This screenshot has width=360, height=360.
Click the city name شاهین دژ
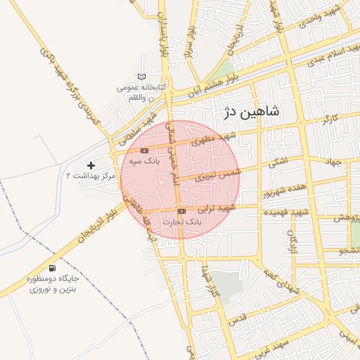coord(251,111)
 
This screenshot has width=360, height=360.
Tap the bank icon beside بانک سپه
coord(144,150)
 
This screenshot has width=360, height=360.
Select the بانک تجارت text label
coord(182,221)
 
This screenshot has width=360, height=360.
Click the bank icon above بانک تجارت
coord(182,211)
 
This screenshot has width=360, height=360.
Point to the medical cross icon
coord(90,165)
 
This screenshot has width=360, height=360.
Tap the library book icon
coord(143,77)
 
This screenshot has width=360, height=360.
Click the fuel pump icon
coord(52,268)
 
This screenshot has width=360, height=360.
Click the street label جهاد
coord(333,162)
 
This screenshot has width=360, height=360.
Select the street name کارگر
coord(330,120)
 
